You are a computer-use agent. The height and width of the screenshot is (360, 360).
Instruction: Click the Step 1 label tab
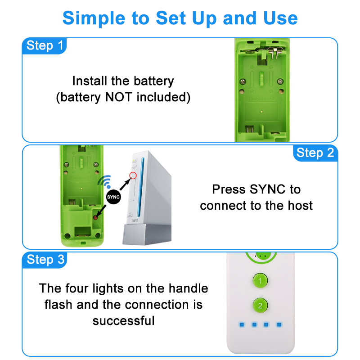[x=45, y=45]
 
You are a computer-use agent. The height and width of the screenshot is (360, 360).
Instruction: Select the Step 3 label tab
[x=45, y=260]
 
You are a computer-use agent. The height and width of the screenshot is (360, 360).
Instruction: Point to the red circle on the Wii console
[x=133, y=175]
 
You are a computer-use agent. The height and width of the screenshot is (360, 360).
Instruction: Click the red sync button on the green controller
[x=95, y=217]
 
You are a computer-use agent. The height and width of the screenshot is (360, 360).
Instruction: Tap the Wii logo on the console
[x=135, y=220]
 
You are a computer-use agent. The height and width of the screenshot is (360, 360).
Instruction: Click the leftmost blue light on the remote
[x=242, y=324]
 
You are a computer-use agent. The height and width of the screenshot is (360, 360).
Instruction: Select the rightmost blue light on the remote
[x=279, y=324]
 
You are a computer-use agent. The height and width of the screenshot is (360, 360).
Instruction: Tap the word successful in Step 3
[x=123, y=320]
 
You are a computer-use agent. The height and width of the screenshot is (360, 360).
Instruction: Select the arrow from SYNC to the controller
[x=103, y=209]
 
